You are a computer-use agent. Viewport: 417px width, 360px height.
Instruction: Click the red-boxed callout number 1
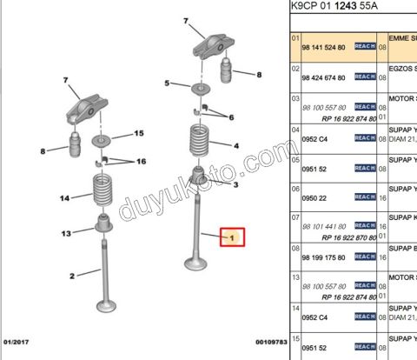(231, 236)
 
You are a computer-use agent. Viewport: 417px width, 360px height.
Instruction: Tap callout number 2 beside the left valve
(72, 276)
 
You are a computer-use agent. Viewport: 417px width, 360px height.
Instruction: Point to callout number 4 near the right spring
(235, 145)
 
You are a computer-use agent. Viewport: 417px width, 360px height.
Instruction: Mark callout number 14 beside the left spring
(63, 199)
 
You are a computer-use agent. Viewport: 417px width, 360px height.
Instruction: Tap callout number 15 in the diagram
(138, 133)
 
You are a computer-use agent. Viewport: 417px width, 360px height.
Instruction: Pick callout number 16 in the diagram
(141, 162)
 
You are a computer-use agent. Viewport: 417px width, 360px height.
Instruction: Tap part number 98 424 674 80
(323, 78)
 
